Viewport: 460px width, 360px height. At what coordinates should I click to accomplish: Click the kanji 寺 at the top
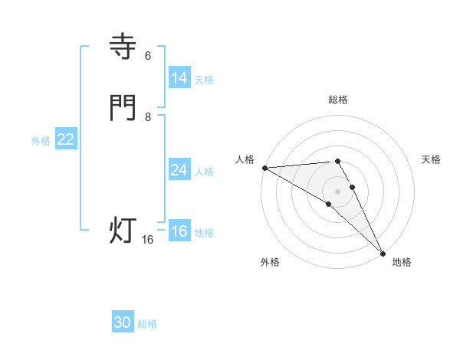[x=123, y=47]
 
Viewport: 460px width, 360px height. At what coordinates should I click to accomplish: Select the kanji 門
[x=123, y=108]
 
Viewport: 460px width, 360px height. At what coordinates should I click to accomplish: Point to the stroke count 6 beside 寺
[x=148, y=56]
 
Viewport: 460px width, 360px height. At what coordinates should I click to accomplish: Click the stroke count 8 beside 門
[x=148, y=117]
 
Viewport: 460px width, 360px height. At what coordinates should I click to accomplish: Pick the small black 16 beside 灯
[x=148, y=240]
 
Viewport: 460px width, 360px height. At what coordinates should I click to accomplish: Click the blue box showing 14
[x=179, y=78]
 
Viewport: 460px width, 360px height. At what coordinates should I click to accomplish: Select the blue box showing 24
[x=179, y=170]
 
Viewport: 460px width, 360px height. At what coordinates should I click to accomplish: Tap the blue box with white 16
[x=179, y=231]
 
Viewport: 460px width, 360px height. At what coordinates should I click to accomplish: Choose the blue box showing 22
[x=66, y=139]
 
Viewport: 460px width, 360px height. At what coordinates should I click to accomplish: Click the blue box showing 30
[x=123, y=322]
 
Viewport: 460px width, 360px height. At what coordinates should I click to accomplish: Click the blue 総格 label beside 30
[x=147, y=324]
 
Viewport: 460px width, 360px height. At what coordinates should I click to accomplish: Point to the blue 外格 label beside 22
[x=41, y=141]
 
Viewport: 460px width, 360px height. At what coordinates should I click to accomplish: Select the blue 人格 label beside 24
[x=204, y=172]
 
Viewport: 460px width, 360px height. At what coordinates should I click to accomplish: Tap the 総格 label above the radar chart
[x=337, y=100]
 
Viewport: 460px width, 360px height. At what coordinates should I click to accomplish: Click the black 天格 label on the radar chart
[x=431, y=159]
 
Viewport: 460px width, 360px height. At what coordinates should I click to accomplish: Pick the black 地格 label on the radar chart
[x=402, y=262]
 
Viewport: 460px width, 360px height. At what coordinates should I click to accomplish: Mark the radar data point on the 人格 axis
[x=264, y=168]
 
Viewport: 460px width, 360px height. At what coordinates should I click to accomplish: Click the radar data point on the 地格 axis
[x=383, y=254]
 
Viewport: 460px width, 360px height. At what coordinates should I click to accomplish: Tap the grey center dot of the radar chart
[x=337, y=191]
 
